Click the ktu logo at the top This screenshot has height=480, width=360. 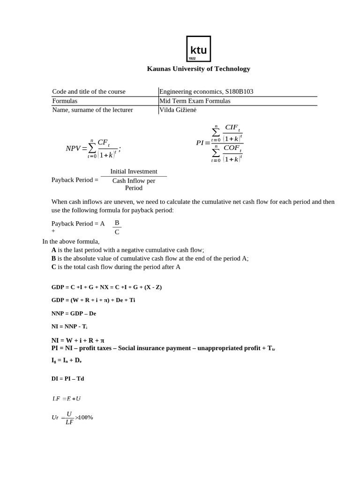[x=198, y=49]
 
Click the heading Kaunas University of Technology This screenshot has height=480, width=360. [x=198, y=69]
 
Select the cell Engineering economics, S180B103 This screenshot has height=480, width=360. [x=206, y=91]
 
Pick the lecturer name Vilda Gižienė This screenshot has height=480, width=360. [x=178, y=110]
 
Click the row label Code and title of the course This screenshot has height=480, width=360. [x=89, y=91]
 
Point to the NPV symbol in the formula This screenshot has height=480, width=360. [x=73, y=149]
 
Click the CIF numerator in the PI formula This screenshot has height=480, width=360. [x=232, y=127]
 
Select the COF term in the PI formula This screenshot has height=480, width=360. [x=232, y=148]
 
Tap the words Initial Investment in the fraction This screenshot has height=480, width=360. [x=134, y=172]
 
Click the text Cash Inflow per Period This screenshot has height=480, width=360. [x=134, y=184]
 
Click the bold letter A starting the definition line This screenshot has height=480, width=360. [x=54, y=250]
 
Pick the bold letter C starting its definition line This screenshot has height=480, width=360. [x=54, y=267]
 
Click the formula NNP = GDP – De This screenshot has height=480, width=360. [x=74, y=313]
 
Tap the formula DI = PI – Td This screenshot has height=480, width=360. [x=68, y=378]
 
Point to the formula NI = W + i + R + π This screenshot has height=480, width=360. [x=78, y=340]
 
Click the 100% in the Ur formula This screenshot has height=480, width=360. [x=86, y=417]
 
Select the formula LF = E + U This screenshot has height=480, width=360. [x=67, y=398]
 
